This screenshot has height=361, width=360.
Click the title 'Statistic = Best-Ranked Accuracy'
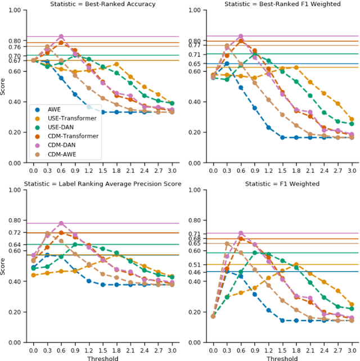coord(103,4)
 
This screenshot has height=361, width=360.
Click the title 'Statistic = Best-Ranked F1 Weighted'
coord(282,4)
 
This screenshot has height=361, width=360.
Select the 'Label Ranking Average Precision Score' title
coord(103,184)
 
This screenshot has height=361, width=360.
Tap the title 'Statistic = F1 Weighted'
coord(282,184)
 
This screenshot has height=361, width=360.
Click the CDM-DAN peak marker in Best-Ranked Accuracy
coord(61,37)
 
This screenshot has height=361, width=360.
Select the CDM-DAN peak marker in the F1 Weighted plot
coord(240,233)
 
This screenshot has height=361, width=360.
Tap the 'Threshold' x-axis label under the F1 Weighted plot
coord(282,358)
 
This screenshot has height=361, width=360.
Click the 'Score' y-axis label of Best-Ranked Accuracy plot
coord(4,87)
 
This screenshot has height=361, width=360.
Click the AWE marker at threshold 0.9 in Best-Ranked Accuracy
coord(74,94)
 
